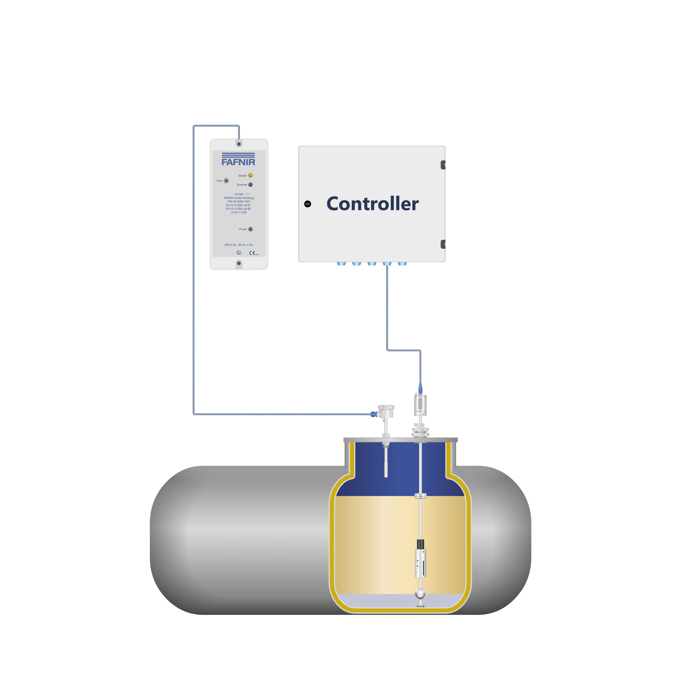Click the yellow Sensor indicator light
pos(250,175)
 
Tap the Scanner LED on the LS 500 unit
pos(250,185)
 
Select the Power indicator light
pos(250,229)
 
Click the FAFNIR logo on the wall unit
pos(238,160)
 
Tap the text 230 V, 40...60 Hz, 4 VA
pos(239,245)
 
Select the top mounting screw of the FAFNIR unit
pos(239,144)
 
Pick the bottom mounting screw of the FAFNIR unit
pos(239,263)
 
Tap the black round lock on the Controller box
pos(307,204)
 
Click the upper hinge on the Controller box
pos(443,165)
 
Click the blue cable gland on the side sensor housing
pos(373,414)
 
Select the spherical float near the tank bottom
pos(420,593)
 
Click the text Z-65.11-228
pos(239,212)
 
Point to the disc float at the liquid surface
pos(420,495)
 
